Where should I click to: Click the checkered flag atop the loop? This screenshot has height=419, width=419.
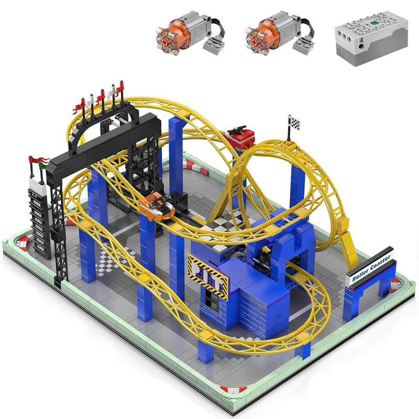coord(294,123)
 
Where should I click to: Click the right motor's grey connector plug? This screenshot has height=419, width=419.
coord(302,46)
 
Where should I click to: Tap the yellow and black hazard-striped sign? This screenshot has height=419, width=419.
coord(208,275)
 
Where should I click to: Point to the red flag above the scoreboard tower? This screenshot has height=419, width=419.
coord(38,160)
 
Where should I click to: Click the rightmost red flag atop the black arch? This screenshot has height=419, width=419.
coord(122,85)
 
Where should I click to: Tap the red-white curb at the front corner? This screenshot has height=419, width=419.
coord(233,389)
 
